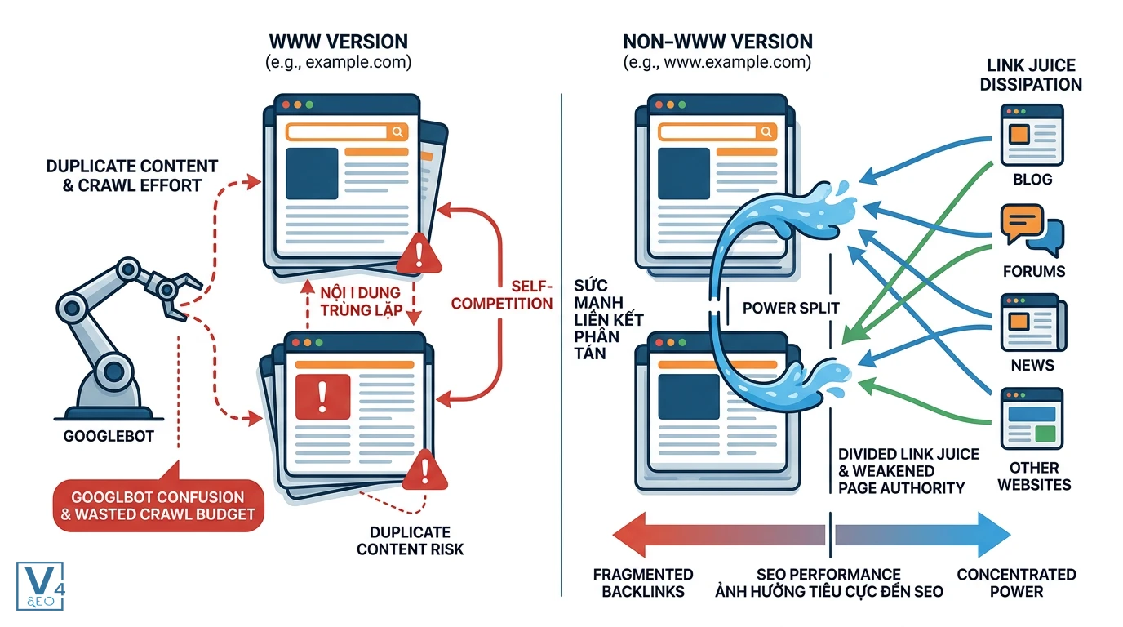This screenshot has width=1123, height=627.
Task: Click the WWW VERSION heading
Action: [339, 42]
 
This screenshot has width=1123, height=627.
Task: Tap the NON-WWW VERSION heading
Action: [717, 42]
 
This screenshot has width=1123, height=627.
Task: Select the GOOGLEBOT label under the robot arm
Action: [109, 436]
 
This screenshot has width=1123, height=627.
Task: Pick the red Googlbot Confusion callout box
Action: [158, 505]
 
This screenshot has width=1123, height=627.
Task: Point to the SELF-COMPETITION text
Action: [502, 295]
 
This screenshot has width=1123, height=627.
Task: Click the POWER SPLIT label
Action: [791, 308]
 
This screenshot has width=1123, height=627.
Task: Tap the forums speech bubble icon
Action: [1032, 230]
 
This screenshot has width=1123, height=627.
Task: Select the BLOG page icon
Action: [1032, 135]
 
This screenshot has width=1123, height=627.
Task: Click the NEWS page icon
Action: [1032, 322]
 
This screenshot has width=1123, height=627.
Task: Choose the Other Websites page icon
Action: [1032, 418]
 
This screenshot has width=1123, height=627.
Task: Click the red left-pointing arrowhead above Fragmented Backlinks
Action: [629, 535]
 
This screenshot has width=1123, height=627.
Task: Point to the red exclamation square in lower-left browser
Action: [323, 397]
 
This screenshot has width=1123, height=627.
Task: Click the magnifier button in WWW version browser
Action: [397, 132]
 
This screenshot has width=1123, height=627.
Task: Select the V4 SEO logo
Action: [40, 586]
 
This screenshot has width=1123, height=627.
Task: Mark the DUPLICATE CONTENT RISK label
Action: [410, 540]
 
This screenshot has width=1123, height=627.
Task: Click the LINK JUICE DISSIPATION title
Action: [1031, 75]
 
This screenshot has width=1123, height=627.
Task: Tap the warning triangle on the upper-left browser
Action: [419, 254]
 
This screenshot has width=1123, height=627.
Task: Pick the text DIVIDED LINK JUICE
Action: [908, 454]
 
